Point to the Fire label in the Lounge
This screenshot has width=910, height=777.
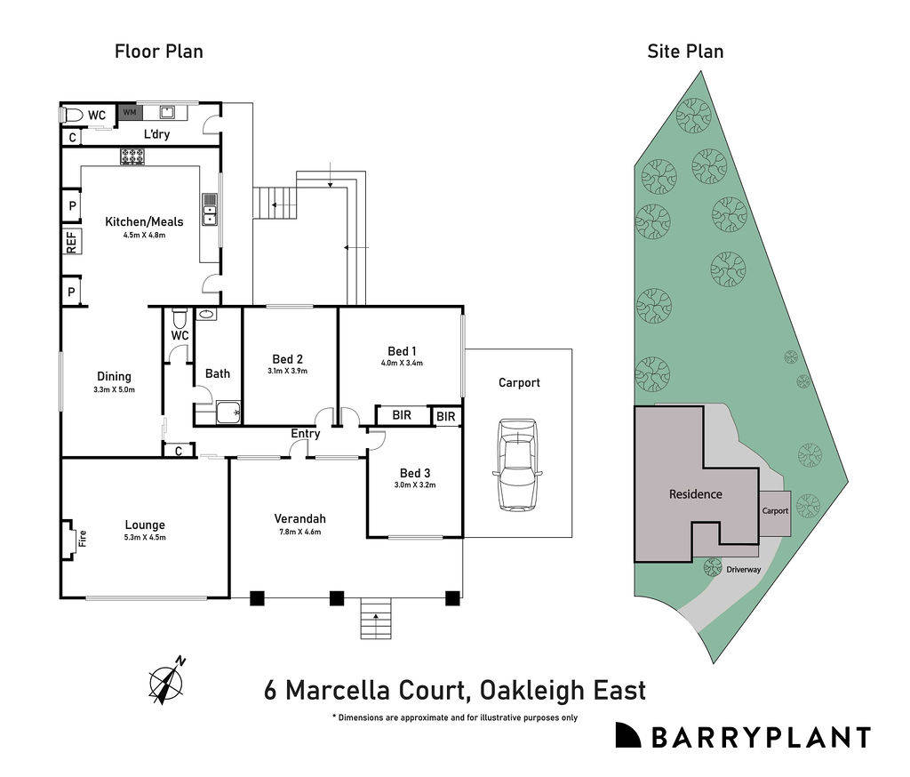(x=82, y=538)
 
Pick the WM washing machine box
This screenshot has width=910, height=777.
(x=129, y=113)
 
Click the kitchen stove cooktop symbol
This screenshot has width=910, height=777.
(x=133, y=156)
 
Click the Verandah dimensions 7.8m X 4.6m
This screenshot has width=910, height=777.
(x=299, y=532)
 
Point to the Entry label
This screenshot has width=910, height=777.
(x=306, y=433)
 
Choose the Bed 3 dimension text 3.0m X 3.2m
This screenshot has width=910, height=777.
(x=415, y=485)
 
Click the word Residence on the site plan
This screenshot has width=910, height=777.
(x=695, y=494)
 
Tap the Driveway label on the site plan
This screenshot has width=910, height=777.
(x=743, y=570)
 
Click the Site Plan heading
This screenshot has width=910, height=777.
(x=684, y=52)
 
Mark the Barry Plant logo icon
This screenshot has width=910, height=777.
(x=627, y=735)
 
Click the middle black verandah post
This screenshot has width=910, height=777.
(x=337, y=598)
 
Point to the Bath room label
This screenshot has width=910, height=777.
(x=218, y=373)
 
